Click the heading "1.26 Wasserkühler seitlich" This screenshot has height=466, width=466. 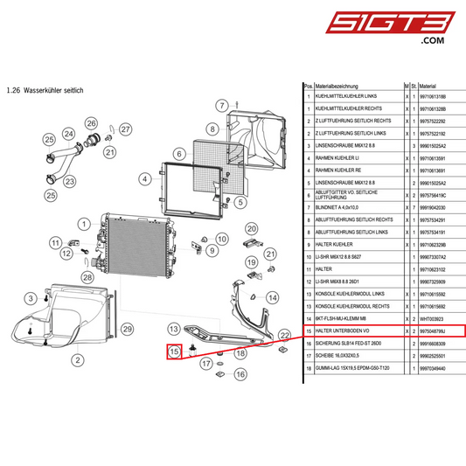[x=44, y=90]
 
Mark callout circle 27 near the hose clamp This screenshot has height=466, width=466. [x=125, y=130]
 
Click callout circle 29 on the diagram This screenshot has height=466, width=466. [x=127, y=329]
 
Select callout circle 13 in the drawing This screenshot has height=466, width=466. [x=173, y=328]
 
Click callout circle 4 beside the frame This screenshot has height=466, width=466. [x=144, y=178]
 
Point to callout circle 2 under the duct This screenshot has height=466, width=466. [x=77, y=359]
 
